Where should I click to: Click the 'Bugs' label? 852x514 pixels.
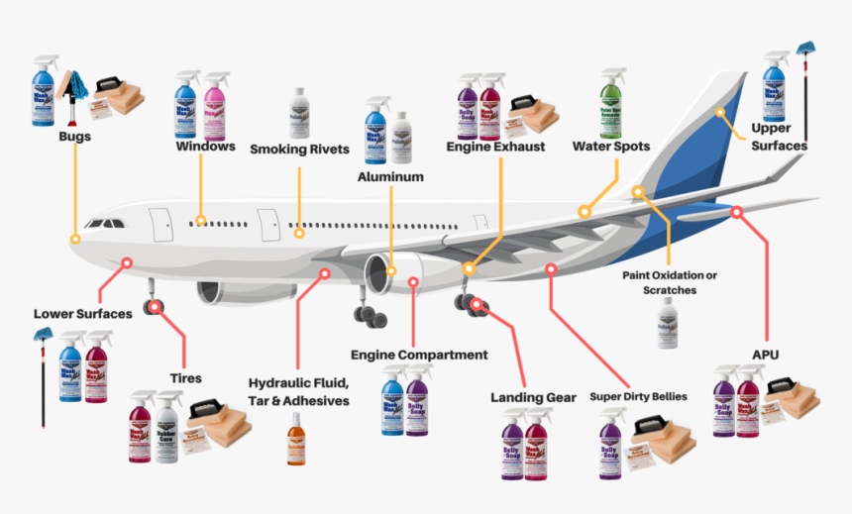click(74, 137)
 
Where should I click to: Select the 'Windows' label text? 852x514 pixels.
click(205, 147)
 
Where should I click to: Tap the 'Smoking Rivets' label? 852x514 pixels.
click(299, 150)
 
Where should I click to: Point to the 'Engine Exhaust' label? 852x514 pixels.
click(495, 147)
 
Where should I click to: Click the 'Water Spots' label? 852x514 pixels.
click(611, 147)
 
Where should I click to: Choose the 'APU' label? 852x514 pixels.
click(766, 354)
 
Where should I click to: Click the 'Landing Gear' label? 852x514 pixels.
click(533, 397)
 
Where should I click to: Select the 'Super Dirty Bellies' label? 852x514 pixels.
click(638, 396)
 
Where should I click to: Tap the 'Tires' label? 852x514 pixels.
click(185, 378)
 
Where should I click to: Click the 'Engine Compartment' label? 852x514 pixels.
click(419, 354)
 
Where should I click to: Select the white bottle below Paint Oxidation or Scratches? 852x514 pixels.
click(667, 323)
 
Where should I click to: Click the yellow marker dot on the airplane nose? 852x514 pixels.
click(75, 239)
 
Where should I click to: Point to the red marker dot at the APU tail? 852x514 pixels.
click(737, 211)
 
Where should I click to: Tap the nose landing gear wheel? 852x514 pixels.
click(154, 307)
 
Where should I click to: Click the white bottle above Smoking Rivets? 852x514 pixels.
click(298, 112)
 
